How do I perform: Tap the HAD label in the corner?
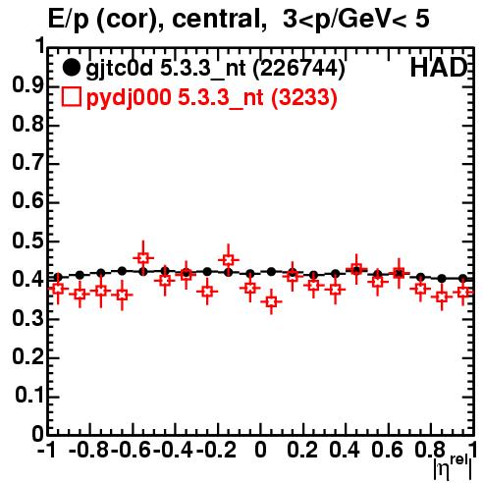[439, 68]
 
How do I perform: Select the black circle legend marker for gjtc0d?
[71, 68]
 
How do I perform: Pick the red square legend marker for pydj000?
[71, 97]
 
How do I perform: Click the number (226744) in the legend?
[299, 69]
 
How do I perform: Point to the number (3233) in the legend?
[304, 97]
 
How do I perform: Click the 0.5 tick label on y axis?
[27, 241]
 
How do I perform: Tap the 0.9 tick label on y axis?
[27, 85]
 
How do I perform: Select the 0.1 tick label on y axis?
[29, 396]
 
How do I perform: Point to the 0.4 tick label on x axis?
[345, 450]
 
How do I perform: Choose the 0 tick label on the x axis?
[260, 450]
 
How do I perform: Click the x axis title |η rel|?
[453, 467]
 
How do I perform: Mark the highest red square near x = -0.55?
[143, 258]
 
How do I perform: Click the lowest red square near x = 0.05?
[271, 301]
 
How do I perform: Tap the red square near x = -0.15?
[229, 260]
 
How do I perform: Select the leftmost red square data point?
[58, 289]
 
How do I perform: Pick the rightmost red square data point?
[462, 292]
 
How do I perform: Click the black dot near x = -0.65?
[122, 271]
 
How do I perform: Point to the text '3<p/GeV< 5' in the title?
[356, 20]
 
